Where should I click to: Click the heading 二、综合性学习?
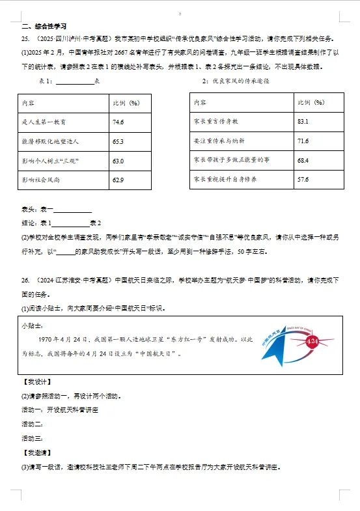pos(44,27)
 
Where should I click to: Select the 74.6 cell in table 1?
pos(118,122)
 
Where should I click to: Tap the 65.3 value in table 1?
pos(118,141)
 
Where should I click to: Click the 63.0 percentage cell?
pos(118,161)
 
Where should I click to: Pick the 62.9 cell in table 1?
pos(118,180)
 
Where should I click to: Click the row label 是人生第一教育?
pos(44,122)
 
